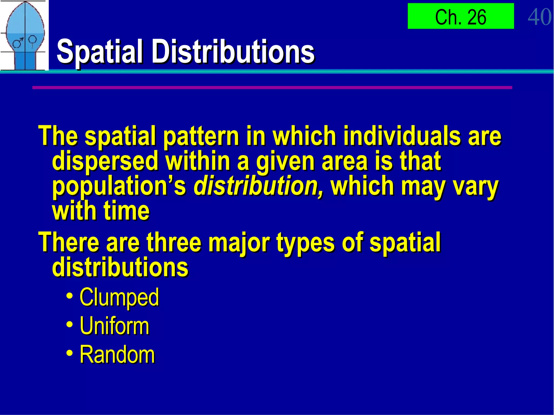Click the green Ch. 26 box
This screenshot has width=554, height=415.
click(x=461, y=16)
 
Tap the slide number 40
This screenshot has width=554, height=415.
click(x=539, y=17)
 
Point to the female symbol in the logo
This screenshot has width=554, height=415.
click(x=32, y=41)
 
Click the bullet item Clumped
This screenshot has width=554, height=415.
click(x=119, y=297)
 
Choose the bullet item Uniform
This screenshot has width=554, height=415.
click(x=114, y=326)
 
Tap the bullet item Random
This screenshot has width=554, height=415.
click(x=117, y=354)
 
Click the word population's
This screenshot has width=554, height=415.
click(x=119, y=187)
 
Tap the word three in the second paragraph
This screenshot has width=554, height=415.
click(x=174, y=242)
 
